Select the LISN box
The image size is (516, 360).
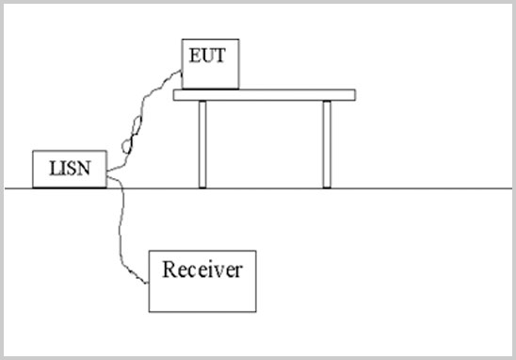tap(70, 169)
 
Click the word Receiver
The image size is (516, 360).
tap(202, 270)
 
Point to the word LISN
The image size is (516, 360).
tap(70, 168)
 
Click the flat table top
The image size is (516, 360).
tap(265, 95)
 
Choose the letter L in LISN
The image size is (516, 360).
tap(54, 168)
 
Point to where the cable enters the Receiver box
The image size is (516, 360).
tap(150, 280)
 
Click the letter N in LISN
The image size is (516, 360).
tap(85, 168)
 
